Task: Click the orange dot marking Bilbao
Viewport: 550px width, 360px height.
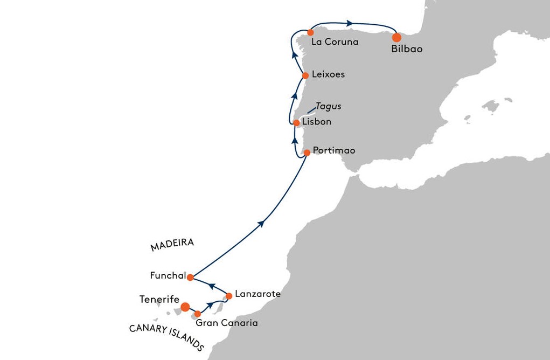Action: (396, 38)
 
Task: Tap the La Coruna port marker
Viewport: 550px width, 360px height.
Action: (310, 32)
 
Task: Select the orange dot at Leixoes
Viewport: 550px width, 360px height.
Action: (305, 75)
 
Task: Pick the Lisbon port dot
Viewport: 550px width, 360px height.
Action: (296, 123)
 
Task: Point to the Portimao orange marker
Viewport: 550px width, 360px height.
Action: (307, 153)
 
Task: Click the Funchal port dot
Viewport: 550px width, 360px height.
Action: (190, 278)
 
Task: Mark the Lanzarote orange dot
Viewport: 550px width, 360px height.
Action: (229, 296)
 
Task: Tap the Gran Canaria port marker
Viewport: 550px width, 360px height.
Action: (198, 314)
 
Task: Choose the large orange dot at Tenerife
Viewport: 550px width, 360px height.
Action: (185, 307)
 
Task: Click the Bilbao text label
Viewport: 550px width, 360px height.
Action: (407, 49)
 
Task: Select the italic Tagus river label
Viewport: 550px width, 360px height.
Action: (328, 106)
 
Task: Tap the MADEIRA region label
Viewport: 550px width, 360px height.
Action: (172, 245)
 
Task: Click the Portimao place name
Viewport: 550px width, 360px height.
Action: (334, 150)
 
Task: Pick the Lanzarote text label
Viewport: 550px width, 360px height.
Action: (258, 294)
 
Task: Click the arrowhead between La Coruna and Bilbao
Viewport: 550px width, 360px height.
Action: (350, 23)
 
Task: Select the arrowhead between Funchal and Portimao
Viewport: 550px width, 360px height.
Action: (261, 224)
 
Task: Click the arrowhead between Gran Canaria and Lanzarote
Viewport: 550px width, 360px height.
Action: (210, 304)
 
